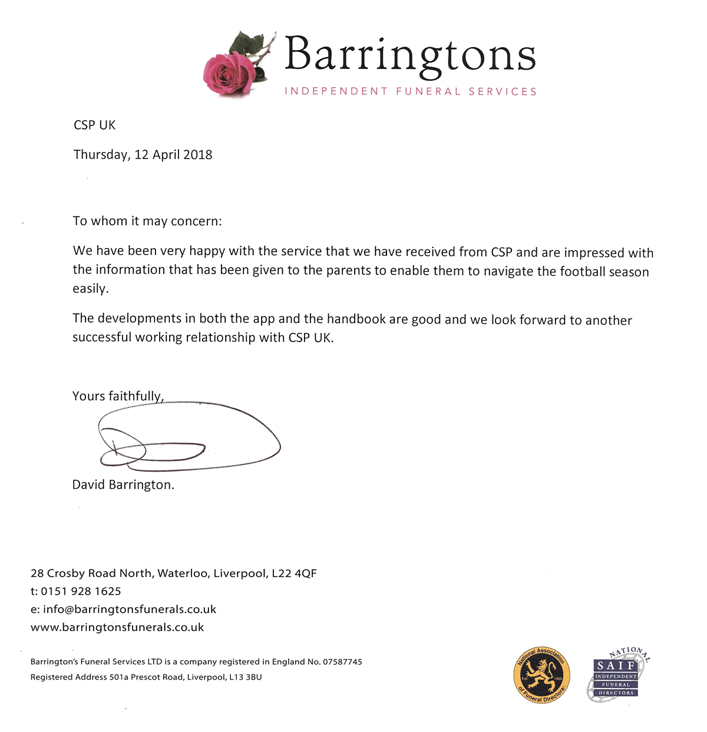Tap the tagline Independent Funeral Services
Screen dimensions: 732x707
pos(411,91)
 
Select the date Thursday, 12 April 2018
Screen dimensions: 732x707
pos(143,154)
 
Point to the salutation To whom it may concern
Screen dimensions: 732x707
pos(147,221)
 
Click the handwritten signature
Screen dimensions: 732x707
pos(189,439)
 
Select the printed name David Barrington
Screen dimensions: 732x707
pos(123,484)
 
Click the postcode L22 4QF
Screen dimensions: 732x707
pos(294,573)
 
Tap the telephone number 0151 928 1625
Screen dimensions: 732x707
pos(81,591)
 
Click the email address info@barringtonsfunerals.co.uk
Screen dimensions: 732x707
pos(130,609)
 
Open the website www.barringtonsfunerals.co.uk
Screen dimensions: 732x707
pos(117,627)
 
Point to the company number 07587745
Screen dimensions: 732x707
pos(342,662)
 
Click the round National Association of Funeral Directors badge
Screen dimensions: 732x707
pos(541,675)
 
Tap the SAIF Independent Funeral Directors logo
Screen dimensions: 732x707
pos(617,675)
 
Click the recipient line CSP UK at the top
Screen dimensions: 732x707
pos(94,125)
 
